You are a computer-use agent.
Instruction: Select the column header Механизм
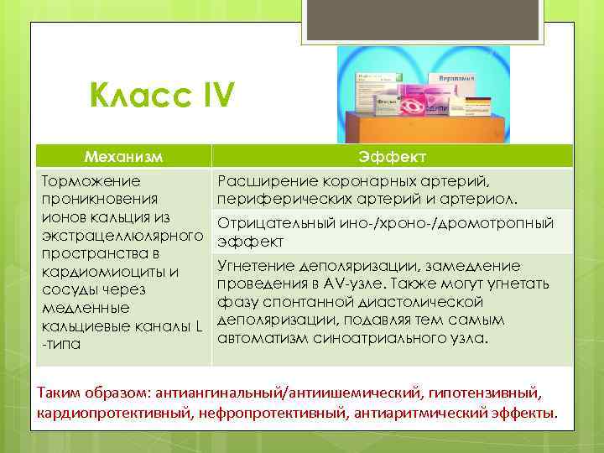click(x=123, y=156)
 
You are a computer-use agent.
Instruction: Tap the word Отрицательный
click(x=271, y=222)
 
